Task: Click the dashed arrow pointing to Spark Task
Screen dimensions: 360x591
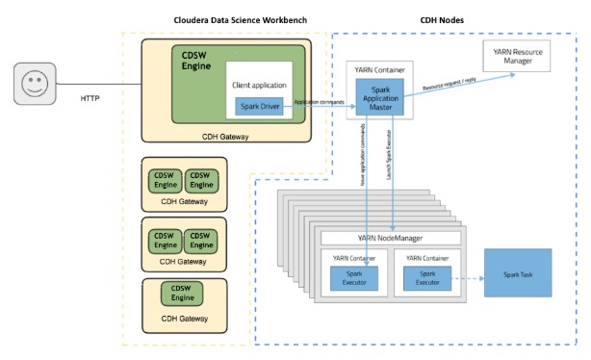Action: (x=471, y=278)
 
